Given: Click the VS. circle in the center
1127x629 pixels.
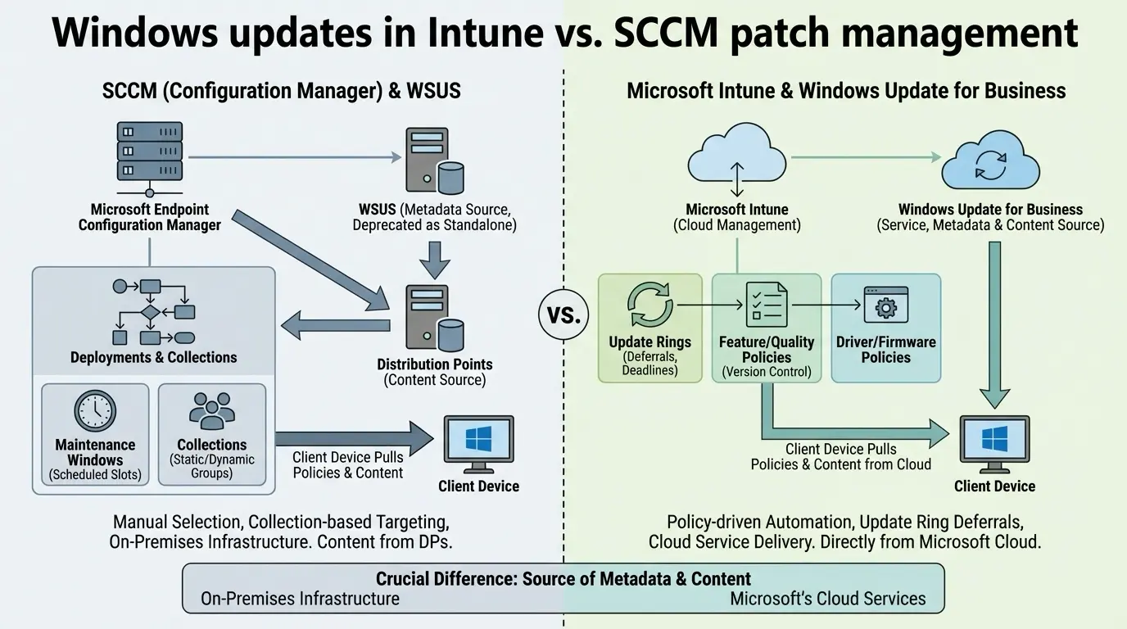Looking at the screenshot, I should [563, 314].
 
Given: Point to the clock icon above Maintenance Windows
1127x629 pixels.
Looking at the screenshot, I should [95, 411].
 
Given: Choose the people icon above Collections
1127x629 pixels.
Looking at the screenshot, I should [212, 411].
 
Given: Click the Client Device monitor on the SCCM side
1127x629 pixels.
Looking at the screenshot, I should [478, 446].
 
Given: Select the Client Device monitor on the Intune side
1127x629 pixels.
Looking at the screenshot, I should [994, 446].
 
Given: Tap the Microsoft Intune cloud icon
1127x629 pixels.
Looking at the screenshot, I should [737, 153].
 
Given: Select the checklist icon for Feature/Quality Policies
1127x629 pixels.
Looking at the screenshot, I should [766, 304].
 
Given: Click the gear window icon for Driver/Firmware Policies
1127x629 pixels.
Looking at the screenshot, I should [885, 305].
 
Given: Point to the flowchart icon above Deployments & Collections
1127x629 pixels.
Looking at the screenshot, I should [152, 311].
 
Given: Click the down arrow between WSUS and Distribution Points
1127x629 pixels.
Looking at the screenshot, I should [434, 259].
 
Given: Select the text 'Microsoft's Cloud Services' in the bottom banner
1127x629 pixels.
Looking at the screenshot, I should [827, 599].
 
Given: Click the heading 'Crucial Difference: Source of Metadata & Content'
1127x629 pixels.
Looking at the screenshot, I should [563, 578].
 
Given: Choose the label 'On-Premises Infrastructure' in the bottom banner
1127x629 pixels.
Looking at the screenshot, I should [300, 599].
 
